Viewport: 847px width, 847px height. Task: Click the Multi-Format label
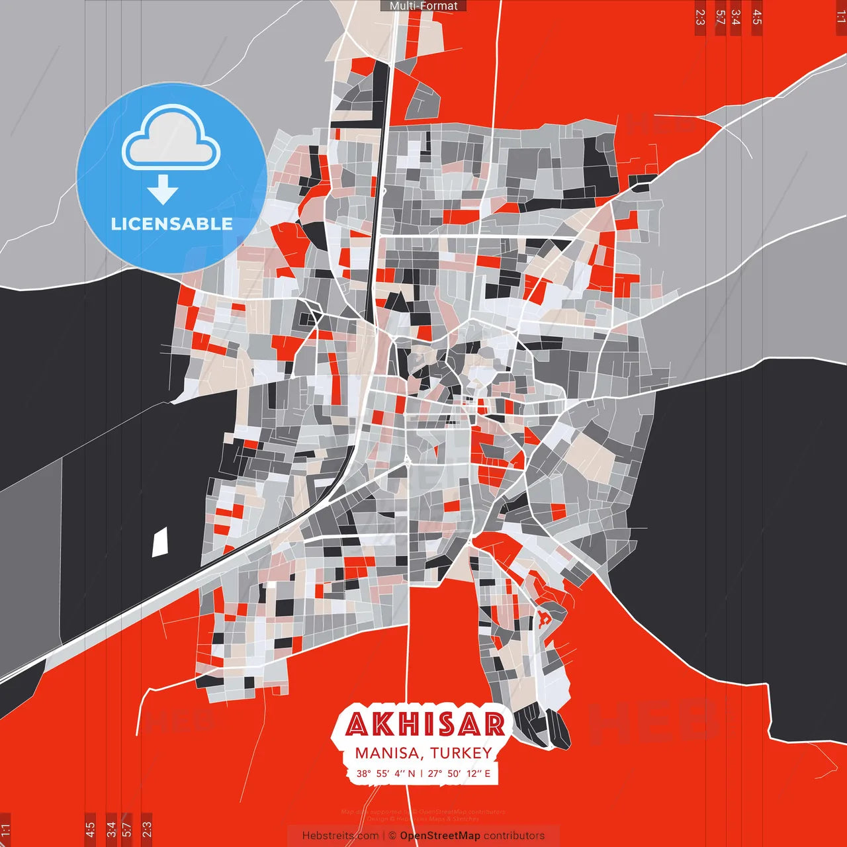click(x=423, y=6)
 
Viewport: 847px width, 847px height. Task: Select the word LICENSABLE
click(x=172, y=224)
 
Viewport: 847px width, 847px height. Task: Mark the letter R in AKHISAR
click(x=494, y=725)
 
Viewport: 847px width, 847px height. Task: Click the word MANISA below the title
click(x=387, y=753)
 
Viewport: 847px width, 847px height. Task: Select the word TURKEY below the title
click(x=461, y=753)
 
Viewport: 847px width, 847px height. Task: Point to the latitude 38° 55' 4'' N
click(x=386, y=773)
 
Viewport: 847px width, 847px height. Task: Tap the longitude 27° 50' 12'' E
click(x=459, y=773)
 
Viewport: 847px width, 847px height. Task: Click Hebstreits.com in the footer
click(x=339, y=836)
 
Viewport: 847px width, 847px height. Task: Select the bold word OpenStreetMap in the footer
click(x=440, y=836)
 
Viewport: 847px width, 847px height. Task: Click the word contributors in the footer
click(x=514, y=836)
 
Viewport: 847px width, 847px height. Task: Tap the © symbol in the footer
click(x=392, y=836)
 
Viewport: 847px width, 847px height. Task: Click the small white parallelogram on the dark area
click(x=160, y=543)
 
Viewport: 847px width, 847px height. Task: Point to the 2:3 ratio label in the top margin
click(x=699, y=17)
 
